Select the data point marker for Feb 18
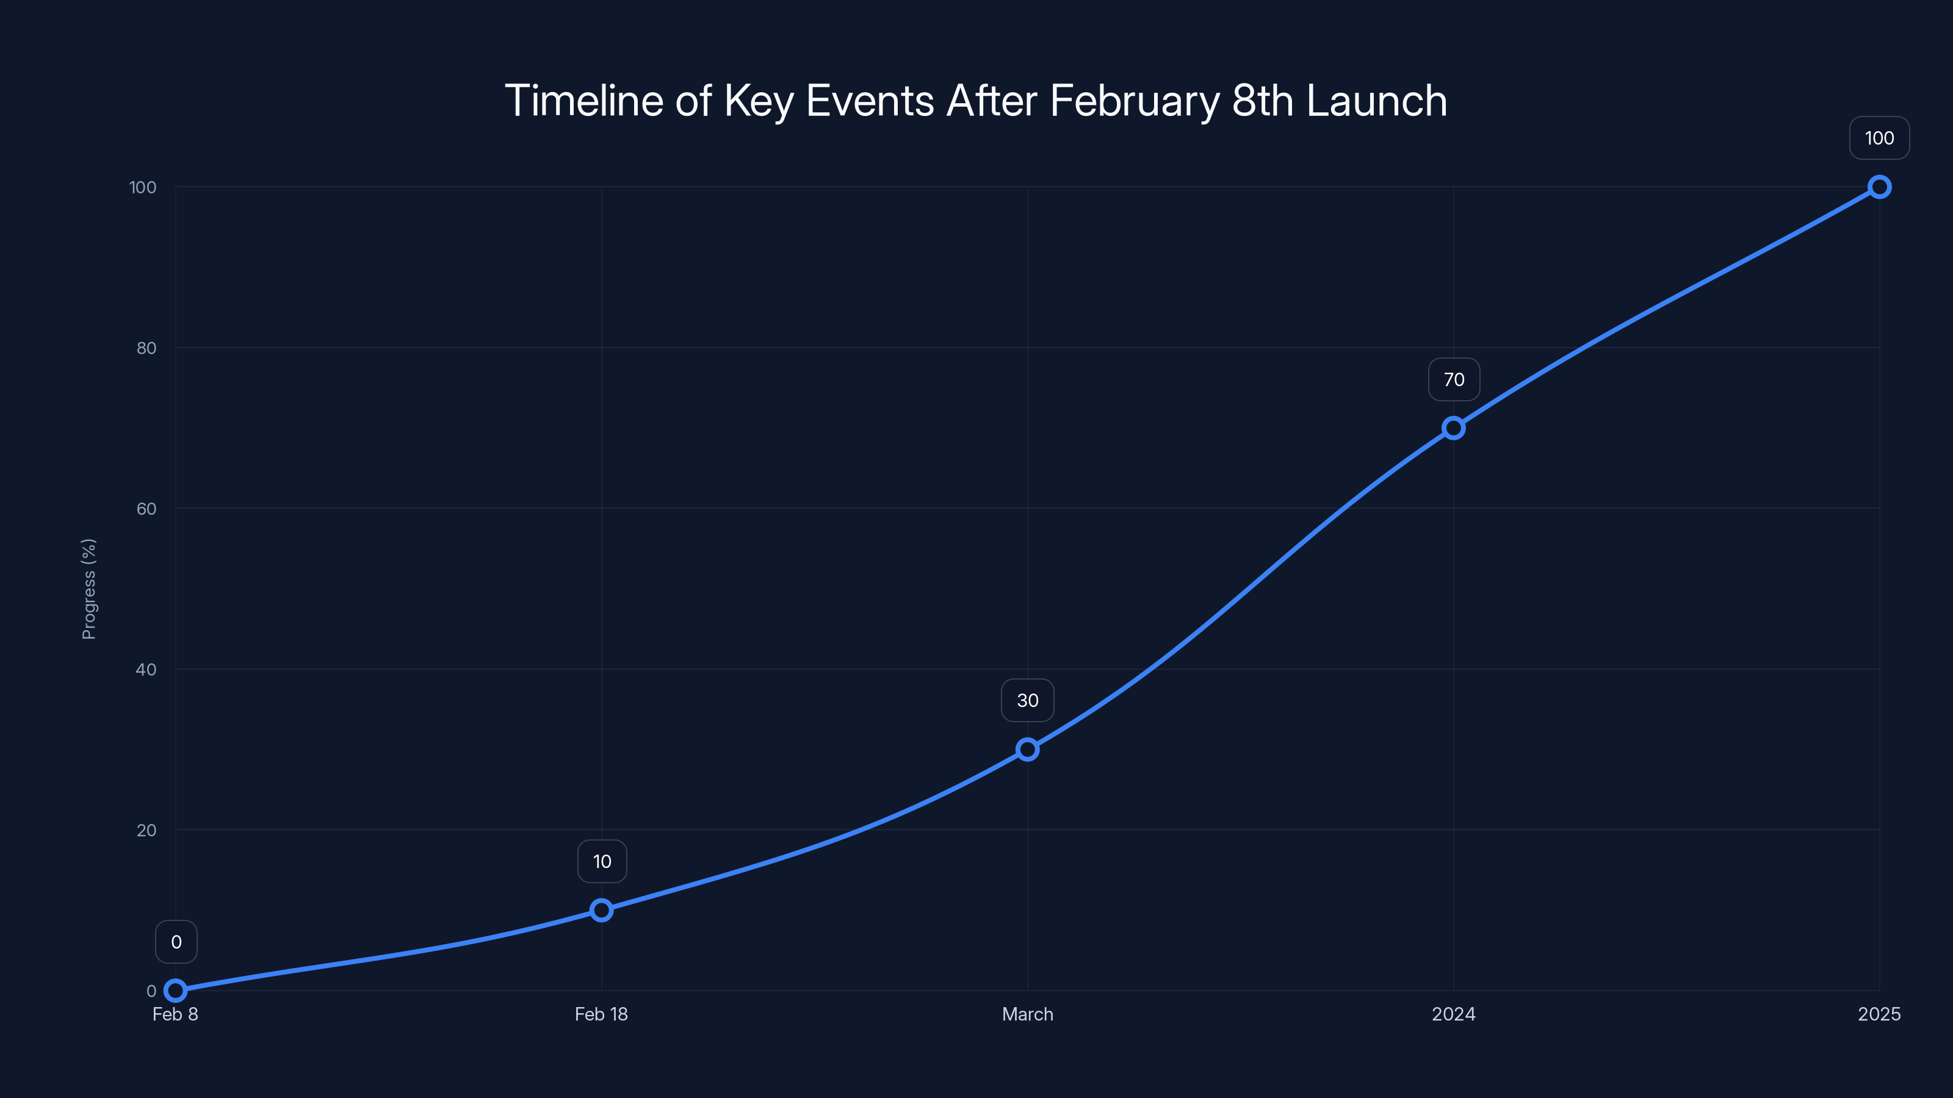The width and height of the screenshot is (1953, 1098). tap(601, 910)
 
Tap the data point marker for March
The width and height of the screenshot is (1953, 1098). tap(1027, 750)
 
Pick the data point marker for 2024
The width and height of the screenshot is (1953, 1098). tap(1453, 428)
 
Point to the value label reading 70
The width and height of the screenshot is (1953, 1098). tap(1453, 379)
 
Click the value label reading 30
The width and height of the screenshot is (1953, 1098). tap(1027, 700)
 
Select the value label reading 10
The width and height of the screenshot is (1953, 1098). tap(602, 861)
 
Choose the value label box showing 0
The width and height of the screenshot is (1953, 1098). tap(176, 942)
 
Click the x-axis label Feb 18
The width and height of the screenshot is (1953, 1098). tap(601, 1014)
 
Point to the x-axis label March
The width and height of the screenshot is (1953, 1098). tap(1027, 1014)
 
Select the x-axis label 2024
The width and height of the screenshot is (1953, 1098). tap(1453, 1014)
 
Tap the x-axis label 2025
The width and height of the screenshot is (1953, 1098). tap(1879, 1014)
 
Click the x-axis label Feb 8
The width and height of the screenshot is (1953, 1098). tap(175, 1014)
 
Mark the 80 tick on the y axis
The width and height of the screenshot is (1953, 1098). tap(146, 348)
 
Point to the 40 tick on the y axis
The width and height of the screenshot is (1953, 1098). tap(146, 669)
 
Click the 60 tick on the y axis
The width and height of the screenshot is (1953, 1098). tap(146, 509)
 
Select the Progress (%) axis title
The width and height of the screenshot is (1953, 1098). tap(88, 589)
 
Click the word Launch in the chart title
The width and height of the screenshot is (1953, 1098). tap(1376, 101)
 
